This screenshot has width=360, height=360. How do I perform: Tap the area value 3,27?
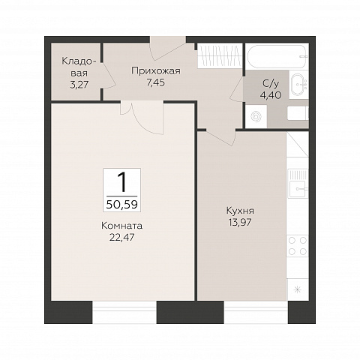pos(79,85)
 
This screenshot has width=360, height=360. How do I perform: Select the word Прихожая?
pos(156,71)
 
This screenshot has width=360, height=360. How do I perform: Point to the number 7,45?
pos(156,82)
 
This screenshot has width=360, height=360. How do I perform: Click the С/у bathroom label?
pos(271,84)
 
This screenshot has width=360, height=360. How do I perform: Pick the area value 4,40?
pos(271,95)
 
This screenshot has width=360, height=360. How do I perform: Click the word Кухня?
pos(240,211)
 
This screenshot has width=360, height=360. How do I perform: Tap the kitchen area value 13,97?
pos(240,222)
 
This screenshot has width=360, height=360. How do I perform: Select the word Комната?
pos(121,226)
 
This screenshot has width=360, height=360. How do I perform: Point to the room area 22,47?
pos(121,237)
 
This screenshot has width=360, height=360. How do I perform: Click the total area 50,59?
pos(122,205)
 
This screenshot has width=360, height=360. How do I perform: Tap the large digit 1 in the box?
pos(122,183)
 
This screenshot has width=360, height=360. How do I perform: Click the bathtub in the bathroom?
pos(277,56)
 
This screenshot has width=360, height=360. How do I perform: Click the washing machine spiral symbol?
pos(256,116)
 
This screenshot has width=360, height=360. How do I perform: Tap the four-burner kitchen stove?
pos(298,246)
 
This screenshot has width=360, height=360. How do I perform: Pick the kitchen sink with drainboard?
pos(298,183)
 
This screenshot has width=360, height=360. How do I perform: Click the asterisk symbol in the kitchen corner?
pos(298,289)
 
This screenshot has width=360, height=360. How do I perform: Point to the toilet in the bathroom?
pos(298,113)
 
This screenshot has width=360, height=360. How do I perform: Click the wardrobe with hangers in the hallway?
pos(220,55)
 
